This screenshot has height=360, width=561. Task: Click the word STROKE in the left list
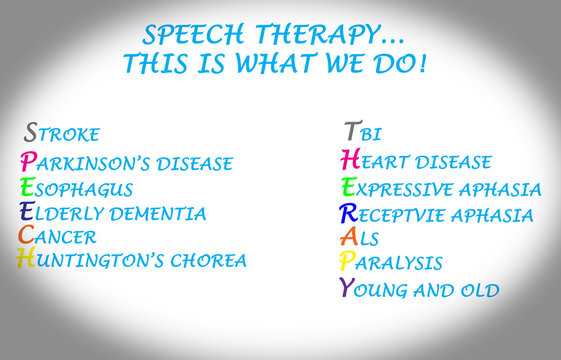[62, 134]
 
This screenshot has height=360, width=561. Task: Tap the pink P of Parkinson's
[27, 162]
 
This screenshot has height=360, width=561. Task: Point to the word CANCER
[59, 238]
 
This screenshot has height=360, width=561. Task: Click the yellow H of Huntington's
[26, 259]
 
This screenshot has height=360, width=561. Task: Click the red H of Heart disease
[349, 160]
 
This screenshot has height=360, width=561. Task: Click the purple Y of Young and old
[347, 289]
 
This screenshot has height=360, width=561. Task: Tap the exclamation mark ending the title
[423, 65]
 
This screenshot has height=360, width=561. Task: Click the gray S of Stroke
[31, 132]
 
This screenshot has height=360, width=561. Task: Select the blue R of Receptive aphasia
[348, 213]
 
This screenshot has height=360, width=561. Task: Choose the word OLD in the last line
[478, 291]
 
